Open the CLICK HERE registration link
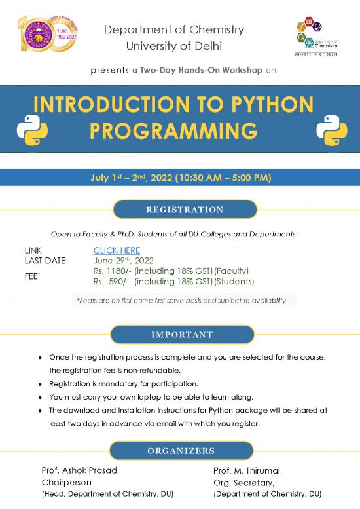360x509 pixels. click(x=117, y=250)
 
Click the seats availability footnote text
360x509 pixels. click(x=181, y=300)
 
